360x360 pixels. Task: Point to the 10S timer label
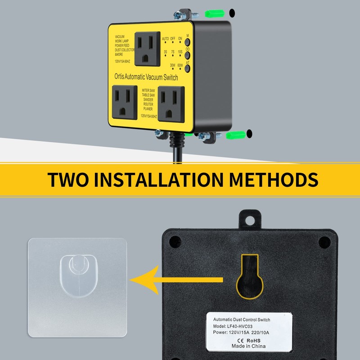[x=180, y=52]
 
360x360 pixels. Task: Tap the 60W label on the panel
[x=180, y=65]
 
